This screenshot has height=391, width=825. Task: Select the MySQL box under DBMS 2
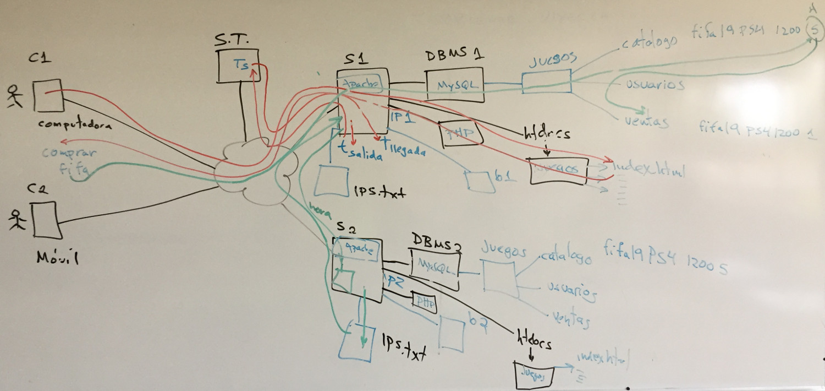click(435, 268)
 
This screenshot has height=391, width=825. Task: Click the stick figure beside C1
click(15, 97)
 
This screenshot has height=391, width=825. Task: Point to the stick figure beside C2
click(17, 220)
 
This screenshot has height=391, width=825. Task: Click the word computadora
click(75, 124)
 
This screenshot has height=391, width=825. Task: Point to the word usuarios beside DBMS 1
click(654, 85)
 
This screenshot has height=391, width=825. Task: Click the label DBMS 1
click(455, 56)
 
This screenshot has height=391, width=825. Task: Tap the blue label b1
click(504, 177)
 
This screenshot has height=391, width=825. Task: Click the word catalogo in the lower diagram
click(566, 257)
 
